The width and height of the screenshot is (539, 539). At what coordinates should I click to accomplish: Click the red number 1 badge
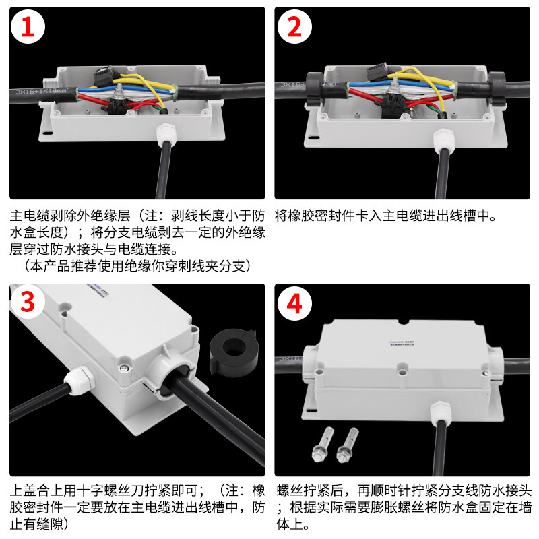(28, 27)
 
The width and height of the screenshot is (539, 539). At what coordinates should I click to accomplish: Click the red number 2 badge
(294, 27)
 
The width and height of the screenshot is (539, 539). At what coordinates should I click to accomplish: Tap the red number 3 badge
(28, 302)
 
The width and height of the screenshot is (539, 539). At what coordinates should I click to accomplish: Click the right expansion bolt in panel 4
(347, 445)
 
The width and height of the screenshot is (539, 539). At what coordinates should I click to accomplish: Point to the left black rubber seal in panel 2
(315, 89)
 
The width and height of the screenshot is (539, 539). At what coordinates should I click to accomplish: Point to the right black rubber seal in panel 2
(497, 88)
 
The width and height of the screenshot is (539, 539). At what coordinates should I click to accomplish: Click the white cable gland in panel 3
(80, 379)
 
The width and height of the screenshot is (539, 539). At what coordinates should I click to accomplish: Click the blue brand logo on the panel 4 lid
(396, 342)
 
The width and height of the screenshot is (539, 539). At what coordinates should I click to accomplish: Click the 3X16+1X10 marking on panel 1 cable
(41, 92)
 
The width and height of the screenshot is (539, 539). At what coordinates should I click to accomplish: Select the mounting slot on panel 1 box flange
(48, 133)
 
